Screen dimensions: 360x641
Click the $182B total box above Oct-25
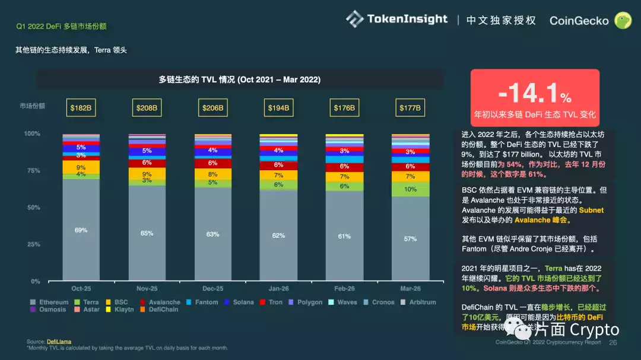pos(81,108)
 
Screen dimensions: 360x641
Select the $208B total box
pos(147,108)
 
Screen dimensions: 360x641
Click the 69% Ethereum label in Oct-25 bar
pos(81,230)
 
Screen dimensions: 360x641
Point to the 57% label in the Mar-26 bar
pos(410,238)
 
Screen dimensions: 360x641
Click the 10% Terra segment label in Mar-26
pos(410,189)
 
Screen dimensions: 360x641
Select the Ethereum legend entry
pos(50,302)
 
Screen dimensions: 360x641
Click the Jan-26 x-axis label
pos(278,289)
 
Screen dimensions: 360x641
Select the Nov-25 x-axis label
pos(147,289)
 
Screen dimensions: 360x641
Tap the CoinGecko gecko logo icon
pos(623,21)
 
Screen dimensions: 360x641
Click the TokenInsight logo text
pos(407,19)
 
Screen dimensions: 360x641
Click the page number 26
pos(613,342)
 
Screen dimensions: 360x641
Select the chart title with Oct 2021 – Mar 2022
pos(239,79)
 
